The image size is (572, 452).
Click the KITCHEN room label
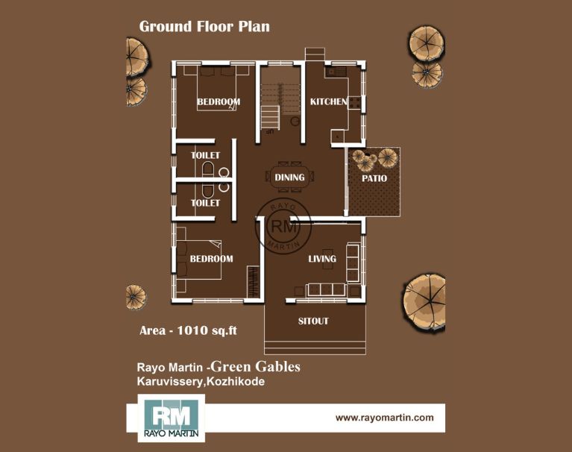[328, 101]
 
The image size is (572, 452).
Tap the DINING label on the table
[289, 178]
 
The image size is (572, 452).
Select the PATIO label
[374, 178]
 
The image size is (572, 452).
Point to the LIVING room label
[322, 259]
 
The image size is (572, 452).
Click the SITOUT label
[313, 321]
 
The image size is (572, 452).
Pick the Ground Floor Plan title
[204, 26]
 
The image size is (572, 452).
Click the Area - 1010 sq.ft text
[188, 330]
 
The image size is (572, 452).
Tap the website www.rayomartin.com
[385, 418]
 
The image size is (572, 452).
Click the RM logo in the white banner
[171, 418]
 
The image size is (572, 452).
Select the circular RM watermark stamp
[284, 227]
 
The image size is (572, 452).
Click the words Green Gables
[255, 367]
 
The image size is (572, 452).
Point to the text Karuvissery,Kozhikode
[201, 382]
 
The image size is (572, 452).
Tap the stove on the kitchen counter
[354, 103]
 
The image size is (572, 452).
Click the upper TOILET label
[205, 155]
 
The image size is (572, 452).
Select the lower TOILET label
[205, 203]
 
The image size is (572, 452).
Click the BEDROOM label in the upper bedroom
[219, 101]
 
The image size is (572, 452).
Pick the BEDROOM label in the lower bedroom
[211, 259]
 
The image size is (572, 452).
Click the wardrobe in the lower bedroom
[253, 281]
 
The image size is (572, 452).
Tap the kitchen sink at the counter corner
[335, 72]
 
